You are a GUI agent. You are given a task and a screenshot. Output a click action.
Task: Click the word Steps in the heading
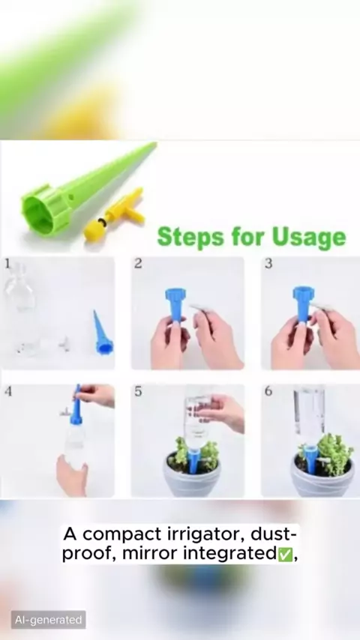[190, 237]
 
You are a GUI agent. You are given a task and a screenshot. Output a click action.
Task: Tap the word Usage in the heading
[309, 238]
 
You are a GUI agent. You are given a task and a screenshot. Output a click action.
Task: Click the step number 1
[7, 264]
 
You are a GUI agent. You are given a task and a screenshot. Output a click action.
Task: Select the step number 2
[138, 264]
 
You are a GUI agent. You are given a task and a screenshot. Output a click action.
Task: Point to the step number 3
[268, 264]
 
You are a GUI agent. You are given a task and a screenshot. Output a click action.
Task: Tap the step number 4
[8, 391]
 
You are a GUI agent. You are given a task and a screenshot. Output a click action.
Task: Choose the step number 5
[138, 391]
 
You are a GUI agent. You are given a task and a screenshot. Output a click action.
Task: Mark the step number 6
[268, 391]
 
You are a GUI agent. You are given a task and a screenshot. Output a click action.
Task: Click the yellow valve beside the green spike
[115, 214]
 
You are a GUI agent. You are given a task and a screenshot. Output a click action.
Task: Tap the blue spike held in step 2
[175, 304]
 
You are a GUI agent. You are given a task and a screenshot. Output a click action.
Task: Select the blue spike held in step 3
[303, 304]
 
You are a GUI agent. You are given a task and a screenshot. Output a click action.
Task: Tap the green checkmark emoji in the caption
[285, 555]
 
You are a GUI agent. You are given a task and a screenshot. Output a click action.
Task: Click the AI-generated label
[48, 620]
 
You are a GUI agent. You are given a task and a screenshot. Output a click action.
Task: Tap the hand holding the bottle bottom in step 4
[72, 476]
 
